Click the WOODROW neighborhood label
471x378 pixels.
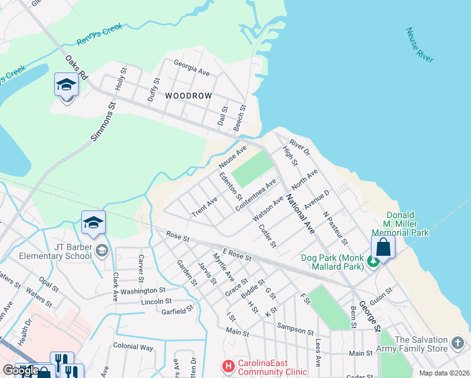point(187,96)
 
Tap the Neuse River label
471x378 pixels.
point(419,45)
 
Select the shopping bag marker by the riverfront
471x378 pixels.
point(383,248)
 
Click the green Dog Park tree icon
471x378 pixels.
point(373,261)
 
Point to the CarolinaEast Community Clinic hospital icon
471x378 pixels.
point(227,365)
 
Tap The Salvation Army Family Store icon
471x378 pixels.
point(457,344)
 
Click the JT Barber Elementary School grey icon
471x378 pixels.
point(101,252)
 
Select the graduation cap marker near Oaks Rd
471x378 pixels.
point(65,85)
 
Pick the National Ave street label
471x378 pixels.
point(300,214)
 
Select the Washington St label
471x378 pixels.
point(143,290)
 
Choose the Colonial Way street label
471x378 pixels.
point(133,346)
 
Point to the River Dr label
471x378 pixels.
point(300,148)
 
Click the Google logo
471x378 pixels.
point(20,370)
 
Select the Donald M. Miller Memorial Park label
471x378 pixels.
point(407,224)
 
